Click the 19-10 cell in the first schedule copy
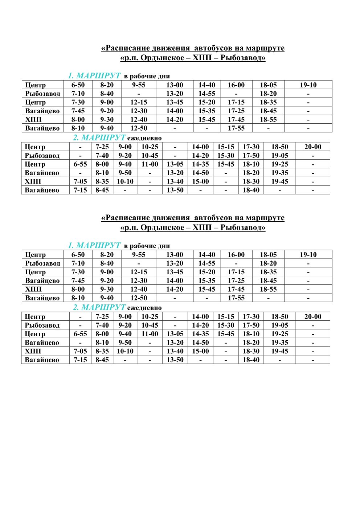pyautogui.click(x=308, y=85)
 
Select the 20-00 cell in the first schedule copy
pyautogui.click(x=313, y=147)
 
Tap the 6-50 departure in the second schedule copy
pyautogui.click(x=78, y=255)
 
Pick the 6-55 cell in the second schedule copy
pyautogui.click(x=80, y=334)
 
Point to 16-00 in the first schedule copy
pyautogui.click(x=236, y=85)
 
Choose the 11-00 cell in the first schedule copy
pyautogui.click(x=150, y=164)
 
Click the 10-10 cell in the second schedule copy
pyautogui.click(x=125, y=351)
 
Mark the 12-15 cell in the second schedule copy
pyautogui.click(x=139, y=272)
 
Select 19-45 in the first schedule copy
pyautogui.click(x=280, y=181)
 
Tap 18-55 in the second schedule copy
pyautogui.click(x=268, y=289)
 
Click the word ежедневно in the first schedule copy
pyautogui.click(x=144, y=138)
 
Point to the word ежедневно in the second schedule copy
pyautogui.click(x=144, y=308)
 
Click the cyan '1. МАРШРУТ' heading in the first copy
pyautogui.click(x=94, y=76)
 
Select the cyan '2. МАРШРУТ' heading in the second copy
pyautogui.click(x=99, y=308)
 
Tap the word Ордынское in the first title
pyautogui.click(x=162, y=58)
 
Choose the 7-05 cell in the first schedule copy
pyautogui.click(x=80, y=181)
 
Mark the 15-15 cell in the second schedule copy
pyautogui.click(x=226, y=317)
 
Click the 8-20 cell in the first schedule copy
pyautogui.click(x=107, y=85)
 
